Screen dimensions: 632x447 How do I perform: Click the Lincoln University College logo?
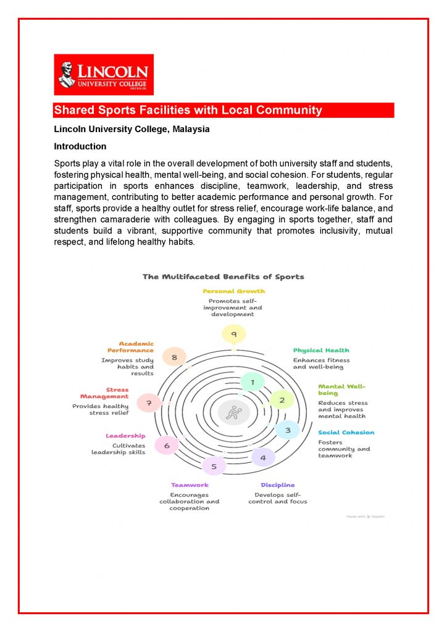[104, 74]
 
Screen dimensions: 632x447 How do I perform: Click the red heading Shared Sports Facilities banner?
[223, 110]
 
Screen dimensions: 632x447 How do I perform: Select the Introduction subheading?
[80, 146]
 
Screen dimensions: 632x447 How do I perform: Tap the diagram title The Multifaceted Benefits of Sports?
[223, 276]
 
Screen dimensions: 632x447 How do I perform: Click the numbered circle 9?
[233, 335]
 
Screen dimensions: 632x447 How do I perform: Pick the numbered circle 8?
[175, 357]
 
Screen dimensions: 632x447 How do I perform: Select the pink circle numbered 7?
[148, 404]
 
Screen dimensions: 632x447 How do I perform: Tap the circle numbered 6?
[167, 445]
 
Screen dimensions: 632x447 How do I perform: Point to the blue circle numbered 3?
[287, 430]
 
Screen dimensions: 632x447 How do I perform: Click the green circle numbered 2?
[282, 401]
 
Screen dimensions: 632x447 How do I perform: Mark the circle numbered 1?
[252, 383]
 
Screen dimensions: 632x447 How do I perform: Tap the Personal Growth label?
[234, 291]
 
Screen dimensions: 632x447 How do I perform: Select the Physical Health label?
[321, 351]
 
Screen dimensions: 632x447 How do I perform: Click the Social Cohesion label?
[346, 433]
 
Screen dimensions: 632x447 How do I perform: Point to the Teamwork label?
[190, 485]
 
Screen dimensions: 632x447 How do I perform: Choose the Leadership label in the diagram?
[125, 436]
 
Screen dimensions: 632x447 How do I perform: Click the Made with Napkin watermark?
[365, 517]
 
